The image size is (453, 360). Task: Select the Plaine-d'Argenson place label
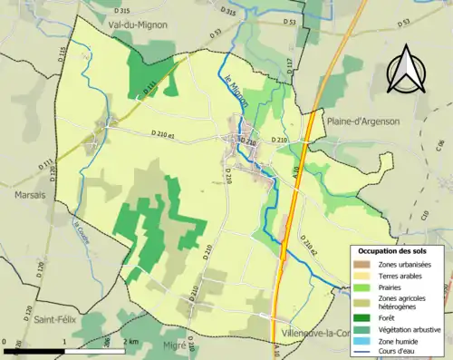click(x=362, y=122)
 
